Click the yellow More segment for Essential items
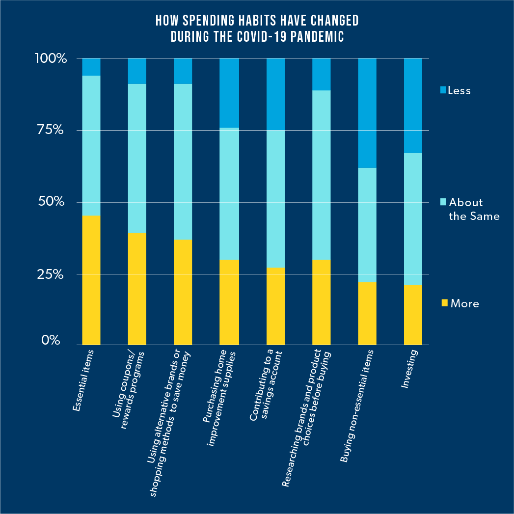coord(91,280)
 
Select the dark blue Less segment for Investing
coord(413,106)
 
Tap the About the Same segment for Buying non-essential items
coord(367,225)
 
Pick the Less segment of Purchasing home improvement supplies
coord(229,93)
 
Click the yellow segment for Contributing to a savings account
coord(275,306)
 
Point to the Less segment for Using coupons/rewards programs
coord(137,71)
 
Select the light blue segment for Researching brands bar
coord(321,175)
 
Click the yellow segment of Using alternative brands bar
coord(183,292)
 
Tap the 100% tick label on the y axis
coord(51,59)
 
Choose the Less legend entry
coord(459,90)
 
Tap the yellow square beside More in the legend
coord(444,303)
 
